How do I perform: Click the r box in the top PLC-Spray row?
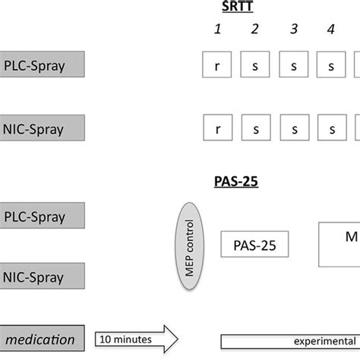217,65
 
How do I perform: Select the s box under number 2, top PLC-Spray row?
256,65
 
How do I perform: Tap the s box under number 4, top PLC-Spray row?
332,65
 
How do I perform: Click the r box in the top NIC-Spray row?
217,126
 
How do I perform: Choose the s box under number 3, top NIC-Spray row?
294,126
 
